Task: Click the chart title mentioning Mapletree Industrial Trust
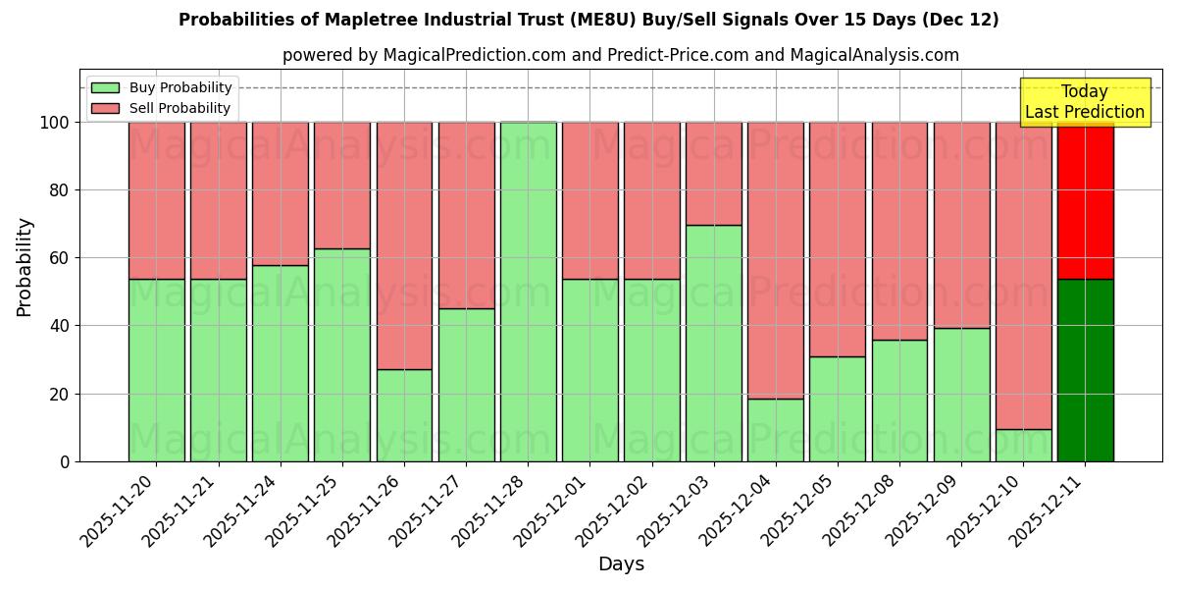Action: point(588,20)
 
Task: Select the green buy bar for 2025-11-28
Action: point(528,292)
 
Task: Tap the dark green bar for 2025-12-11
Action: point(1085,370)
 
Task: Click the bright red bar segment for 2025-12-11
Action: point(1085,201)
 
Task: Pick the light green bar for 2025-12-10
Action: point(1023,446)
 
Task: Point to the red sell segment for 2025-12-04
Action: point(776,260)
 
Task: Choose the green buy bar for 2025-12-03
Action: point(714,344)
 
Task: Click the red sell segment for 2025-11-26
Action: point(404,245)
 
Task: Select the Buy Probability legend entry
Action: point(163,87)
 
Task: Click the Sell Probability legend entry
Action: point(163,108)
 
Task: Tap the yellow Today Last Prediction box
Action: point(1085,102)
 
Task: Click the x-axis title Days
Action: point(621,564)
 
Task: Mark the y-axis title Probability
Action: point(25,267)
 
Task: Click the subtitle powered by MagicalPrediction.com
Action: point(621,55)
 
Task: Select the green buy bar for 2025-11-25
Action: point(342,354)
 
